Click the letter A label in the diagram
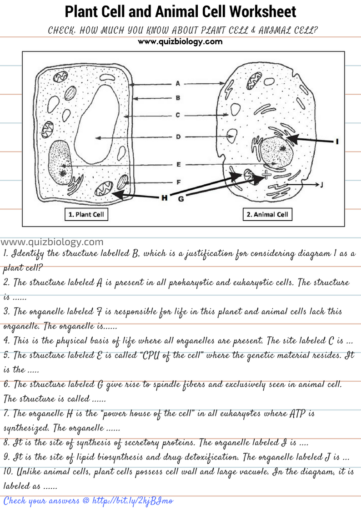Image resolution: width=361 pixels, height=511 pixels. (178, 83)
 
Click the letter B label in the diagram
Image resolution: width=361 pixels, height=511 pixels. (178, 97)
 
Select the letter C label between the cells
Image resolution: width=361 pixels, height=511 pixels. (178, 115)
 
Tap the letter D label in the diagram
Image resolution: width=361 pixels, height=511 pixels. (178, 137)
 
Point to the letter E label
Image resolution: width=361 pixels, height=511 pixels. (178, 164)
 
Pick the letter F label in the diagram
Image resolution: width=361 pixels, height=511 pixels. (178, 182)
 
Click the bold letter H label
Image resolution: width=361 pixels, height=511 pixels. (164, 197)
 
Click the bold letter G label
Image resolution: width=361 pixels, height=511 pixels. (180, 199)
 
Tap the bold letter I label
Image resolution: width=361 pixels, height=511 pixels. (337, 142)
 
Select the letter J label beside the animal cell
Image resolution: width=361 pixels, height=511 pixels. (321, 185)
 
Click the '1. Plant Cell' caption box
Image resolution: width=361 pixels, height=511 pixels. (86, 215)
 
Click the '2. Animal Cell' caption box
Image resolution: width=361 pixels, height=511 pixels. (267, 215)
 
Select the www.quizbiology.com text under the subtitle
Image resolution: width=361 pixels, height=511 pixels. (180, 42)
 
